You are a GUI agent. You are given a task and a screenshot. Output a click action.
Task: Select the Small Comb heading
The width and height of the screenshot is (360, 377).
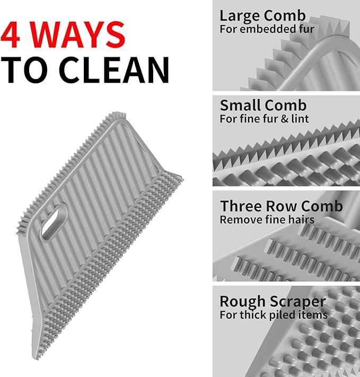click(263, 105)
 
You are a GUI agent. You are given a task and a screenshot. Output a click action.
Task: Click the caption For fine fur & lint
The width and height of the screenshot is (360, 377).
click(264, 119)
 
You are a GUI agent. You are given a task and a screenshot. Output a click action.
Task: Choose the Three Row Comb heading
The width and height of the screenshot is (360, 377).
click(282, 206)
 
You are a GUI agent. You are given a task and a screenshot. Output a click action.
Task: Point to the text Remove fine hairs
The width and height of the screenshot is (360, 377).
click(267, 220)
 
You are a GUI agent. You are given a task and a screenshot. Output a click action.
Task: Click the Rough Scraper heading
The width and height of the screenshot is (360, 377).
click(273, 302)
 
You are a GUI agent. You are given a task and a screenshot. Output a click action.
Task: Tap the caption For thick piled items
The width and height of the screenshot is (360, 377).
click(274, 315)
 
